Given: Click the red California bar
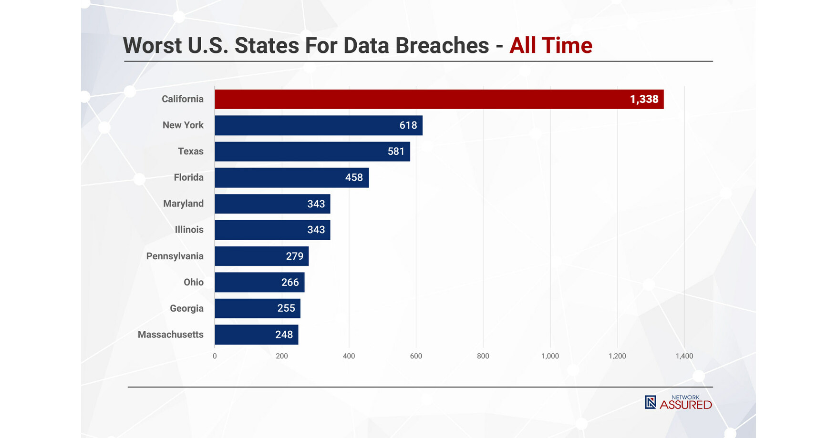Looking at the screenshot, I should point(439,99).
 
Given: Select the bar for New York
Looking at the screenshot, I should point(318,125).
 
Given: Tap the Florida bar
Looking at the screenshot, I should point(291,177).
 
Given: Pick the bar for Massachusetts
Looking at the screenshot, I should point(256,335).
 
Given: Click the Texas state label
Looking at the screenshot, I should point(190,151).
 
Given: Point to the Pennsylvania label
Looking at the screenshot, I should point(175,256).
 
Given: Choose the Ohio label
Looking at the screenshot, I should point(193,282).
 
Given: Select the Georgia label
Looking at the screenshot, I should point(186,308).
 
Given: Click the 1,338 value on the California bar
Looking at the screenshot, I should point(644,99).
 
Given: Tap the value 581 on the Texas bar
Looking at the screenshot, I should point(396,151).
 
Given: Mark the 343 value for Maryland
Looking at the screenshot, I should point(316,204).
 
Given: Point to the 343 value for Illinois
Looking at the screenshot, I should point(316,230).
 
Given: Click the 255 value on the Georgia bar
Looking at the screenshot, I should point(286,308).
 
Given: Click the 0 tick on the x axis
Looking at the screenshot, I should point(215,356).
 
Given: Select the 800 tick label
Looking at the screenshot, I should point(483,356).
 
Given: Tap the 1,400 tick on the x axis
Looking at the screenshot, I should point(684,356).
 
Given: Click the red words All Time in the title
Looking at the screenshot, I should point(550,46).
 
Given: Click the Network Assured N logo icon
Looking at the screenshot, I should point(650,402).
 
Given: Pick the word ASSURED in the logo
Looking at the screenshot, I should point(686,405).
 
